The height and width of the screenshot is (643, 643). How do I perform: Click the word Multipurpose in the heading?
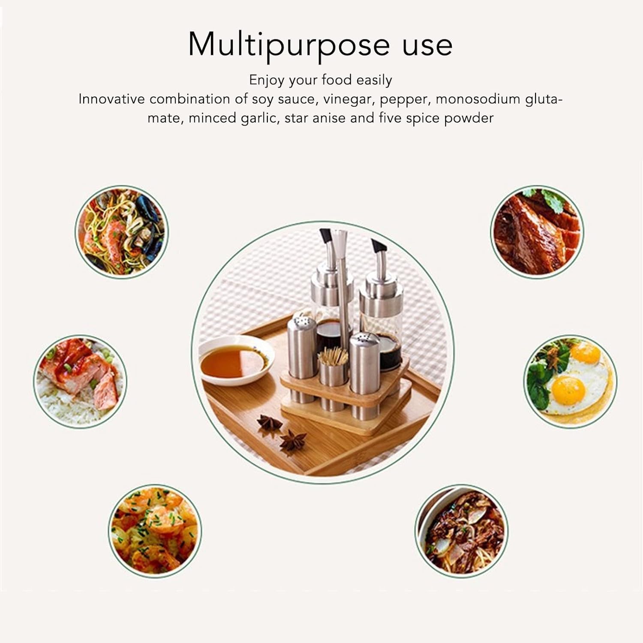289,45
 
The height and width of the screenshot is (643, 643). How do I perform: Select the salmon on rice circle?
80,381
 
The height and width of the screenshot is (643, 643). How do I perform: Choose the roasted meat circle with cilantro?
537,232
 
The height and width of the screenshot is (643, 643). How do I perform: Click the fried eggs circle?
571,381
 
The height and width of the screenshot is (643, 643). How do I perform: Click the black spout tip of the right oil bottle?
377,246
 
